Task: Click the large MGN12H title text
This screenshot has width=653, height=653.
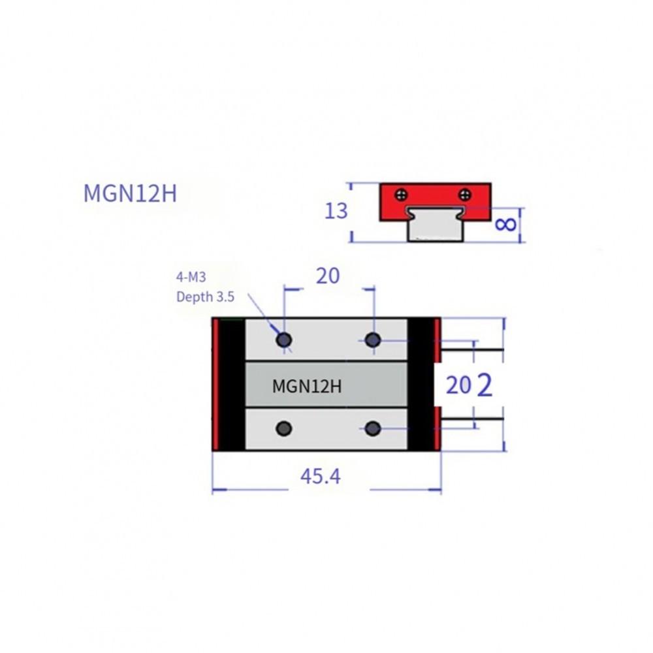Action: coord(130,194)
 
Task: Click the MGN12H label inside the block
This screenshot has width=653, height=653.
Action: coord(307,386)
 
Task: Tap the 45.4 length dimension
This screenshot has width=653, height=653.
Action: coord(320,477)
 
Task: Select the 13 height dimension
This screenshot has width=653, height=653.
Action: coord(336,211)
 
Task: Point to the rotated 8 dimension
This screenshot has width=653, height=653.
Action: coord(506,225)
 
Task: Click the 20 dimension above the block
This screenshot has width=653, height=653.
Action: coord(328,276)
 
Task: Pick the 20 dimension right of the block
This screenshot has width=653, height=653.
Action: coord(458,385)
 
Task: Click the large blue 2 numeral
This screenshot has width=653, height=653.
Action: coord(485,386)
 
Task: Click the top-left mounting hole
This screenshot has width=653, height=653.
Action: coord(284,340)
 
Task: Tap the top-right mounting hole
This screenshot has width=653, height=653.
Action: coord(373,340)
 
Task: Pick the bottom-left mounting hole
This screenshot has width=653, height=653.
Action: coord(284,428)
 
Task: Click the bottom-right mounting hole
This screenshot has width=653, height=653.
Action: coord(373,428)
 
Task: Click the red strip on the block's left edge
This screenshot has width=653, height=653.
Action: coord(215,385)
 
